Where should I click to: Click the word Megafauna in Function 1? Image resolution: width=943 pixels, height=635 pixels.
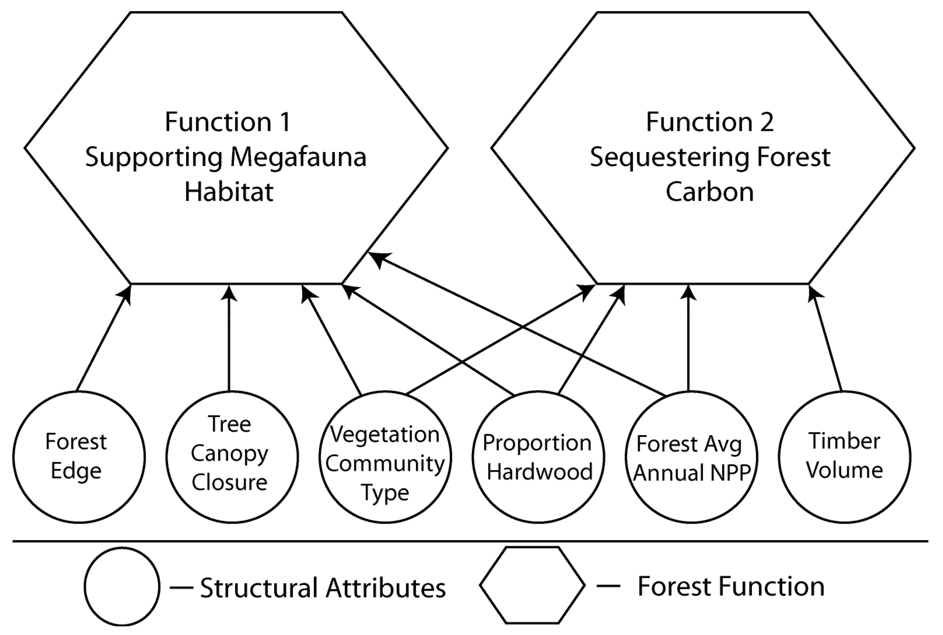tap(299, 157)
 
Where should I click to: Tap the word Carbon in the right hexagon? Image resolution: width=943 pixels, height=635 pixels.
tap(709, 192)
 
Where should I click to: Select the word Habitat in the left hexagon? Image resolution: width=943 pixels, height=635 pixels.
tap(229, 192)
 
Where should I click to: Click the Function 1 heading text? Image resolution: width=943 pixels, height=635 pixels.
tap(228, 122)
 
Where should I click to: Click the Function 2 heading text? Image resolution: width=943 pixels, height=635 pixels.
tap(709, 122)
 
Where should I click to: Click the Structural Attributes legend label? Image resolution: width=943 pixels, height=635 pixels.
tap(323, 588)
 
